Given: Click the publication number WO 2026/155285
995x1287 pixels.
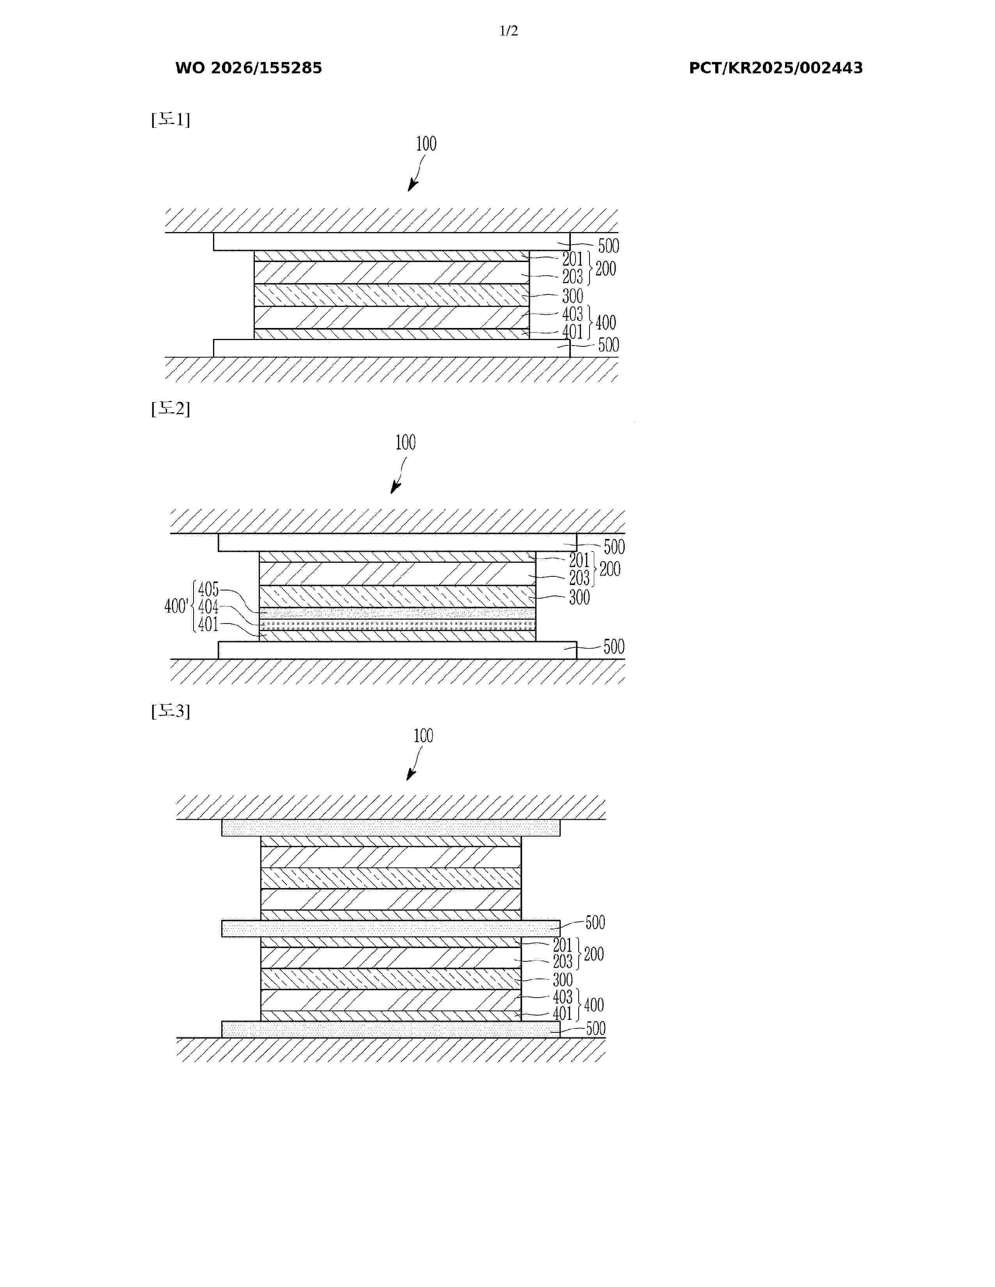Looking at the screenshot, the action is pyautogui.click(x=249, y=68).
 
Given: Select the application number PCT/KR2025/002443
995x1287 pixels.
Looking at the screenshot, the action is pyautogui.click(x=776, y=68).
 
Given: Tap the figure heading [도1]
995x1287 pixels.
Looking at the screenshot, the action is pyautogui.click(x=171, y=120).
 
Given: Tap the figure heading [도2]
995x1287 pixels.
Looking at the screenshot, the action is pyautogui.click(x=171, y=408).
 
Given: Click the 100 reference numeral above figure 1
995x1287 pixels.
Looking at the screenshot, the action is pyautogui.click(x=426, y=144).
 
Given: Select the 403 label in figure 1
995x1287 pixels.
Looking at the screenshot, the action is pyautogui.click(x=572, y=314).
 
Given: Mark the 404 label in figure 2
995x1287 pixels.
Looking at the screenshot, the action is pyautogui.click(x=208, y=606).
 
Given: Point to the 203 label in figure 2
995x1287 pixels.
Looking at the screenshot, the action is pyautogui.click(x=579, y=578).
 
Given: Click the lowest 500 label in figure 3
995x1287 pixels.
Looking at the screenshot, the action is pyautogui.click(x=595, y=1029).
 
